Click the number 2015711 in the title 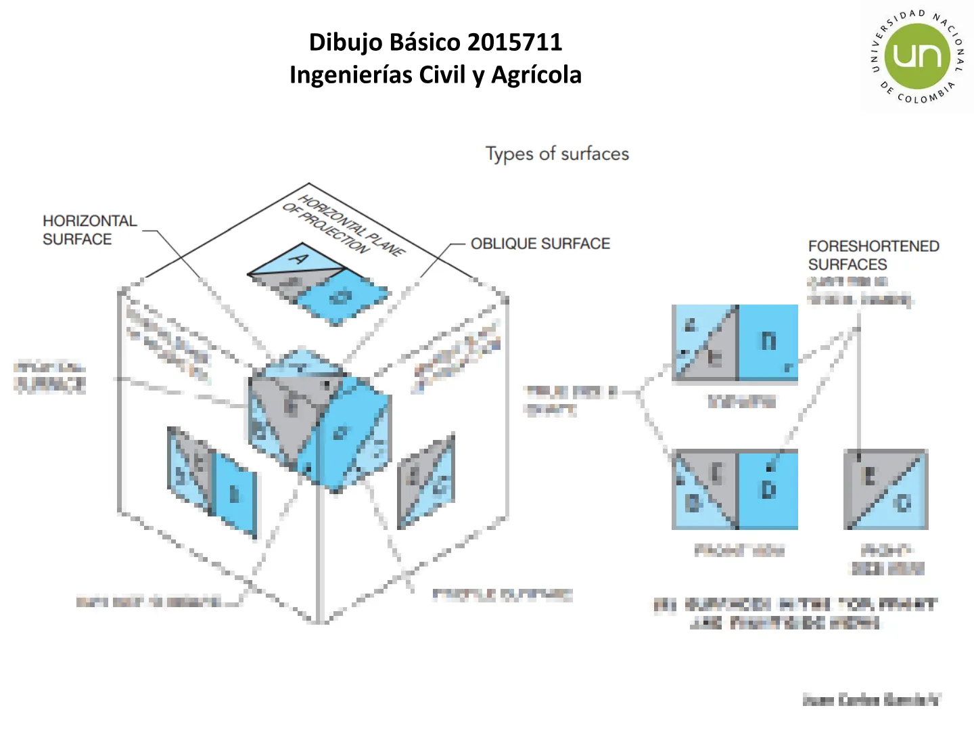[514, 43]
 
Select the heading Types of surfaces [557, 154]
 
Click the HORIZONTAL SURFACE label [89, 230]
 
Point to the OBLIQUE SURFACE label [540, 244]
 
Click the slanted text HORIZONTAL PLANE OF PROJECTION [344, 225]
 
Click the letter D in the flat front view [768, 489]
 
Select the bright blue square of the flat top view [768, 342]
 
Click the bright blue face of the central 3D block [345, 433]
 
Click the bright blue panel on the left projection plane [235, 494]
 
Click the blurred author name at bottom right [871, 700]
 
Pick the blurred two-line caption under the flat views [795, 613]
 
